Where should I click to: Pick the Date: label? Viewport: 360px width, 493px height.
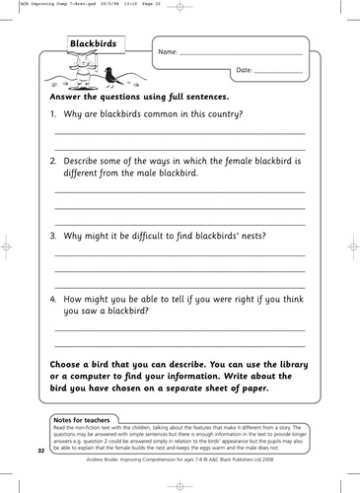coord(246,70)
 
